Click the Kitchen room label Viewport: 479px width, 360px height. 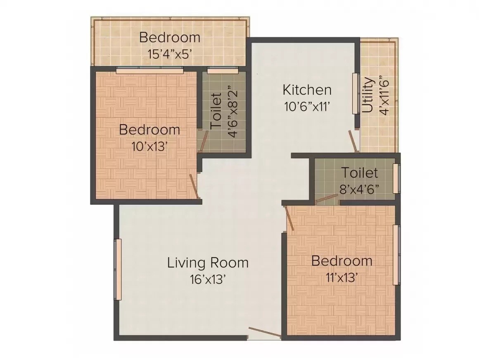point(306,89)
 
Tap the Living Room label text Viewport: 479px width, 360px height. point(208,263)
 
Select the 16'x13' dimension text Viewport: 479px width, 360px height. point(208,280)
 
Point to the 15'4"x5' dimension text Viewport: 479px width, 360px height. point(169,54)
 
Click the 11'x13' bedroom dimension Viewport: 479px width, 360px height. point(341,278)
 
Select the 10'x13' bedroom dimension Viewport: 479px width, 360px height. point(149,146)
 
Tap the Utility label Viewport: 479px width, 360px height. point(368,96)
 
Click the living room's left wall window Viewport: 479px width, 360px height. point(118,269)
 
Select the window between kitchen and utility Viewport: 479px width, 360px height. point(355,94)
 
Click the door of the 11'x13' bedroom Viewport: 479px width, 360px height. point(289,218)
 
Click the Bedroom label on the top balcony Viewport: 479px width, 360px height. point(169,38)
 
